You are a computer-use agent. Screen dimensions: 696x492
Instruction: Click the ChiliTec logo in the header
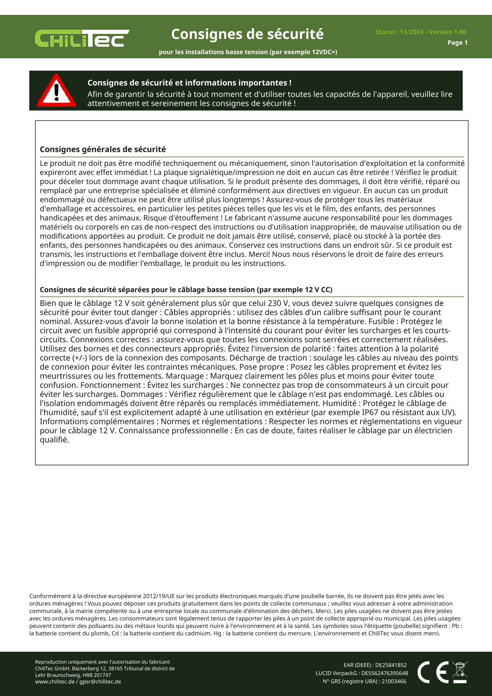82,38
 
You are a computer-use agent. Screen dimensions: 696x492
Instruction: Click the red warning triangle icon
56,91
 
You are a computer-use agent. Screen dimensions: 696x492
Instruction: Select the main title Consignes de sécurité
247,34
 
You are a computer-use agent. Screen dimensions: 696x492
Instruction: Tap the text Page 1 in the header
457,43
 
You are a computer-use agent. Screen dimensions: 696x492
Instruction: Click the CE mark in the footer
433,672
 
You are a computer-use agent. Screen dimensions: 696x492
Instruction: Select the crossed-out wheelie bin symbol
459,672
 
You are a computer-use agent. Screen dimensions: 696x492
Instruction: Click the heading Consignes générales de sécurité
103,149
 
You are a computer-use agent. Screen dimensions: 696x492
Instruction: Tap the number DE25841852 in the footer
391,665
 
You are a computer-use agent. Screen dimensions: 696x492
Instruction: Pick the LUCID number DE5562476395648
385,673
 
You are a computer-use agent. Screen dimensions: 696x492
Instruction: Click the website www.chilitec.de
55,682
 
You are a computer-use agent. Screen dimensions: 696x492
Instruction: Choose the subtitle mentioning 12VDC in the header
248,52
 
